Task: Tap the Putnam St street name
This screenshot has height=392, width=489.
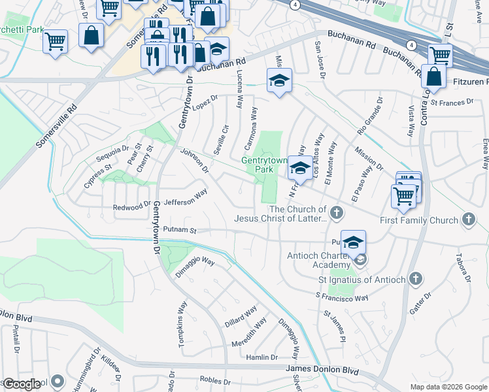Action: (180, 230)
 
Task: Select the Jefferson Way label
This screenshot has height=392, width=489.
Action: (186, 197)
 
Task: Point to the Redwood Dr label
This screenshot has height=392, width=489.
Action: (131, 207)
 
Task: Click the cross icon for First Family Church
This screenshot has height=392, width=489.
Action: (469, 220)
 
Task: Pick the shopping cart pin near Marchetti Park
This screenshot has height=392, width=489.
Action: (56, 42)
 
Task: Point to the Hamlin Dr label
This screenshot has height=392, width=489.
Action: (261, 357)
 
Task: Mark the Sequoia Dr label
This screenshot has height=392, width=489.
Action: (108, 152)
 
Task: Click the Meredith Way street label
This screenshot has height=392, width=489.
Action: (249, 333)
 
